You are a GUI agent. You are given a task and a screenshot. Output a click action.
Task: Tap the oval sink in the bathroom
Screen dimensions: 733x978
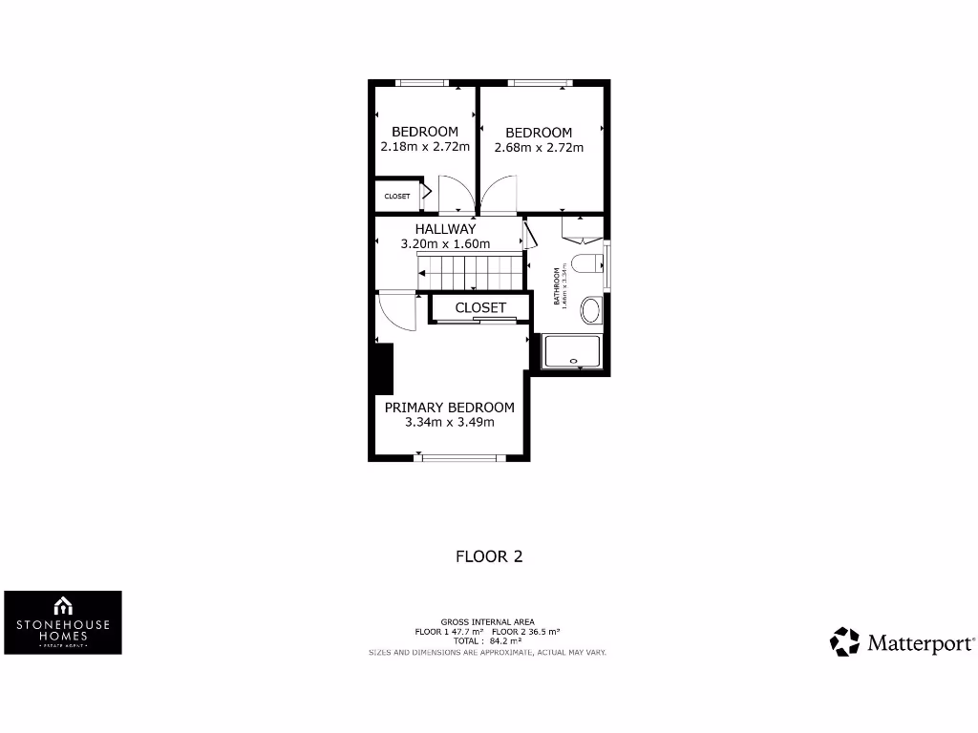(591, 310)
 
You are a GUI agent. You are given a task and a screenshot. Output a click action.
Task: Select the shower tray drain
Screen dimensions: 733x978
(574, 362)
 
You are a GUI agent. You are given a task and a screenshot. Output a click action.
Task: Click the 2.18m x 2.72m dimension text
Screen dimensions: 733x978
(425, 147)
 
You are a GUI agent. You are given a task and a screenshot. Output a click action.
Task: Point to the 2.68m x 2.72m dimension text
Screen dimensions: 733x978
(539, 148)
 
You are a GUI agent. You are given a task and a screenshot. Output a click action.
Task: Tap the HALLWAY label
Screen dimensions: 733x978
(445, 229)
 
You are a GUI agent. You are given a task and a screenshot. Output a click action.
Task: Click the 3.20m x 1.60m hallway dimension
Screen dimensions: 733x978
(445, 244)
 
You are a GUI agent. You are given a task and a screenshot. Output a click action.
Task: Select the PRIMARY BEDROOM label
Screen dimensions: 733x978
(449, 408)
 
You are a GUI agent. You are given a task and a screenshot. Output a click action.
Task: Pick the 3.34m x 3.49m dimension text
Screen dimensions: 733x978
(449, 423)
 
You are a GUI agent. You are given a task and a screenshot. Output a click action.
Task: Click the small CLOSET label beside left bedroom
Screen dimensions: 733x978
(397, 197)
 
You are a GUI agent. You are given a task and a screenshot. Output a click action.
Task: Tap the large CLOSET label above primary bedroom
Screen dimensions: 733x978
(480, 308)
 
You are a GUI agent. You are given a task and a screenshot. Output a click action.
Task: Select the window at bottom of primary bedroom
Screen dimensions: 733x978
(459, 458)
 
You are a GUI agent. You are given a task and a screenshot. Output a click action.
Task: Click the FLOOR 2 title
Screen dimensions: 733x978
(489, 556)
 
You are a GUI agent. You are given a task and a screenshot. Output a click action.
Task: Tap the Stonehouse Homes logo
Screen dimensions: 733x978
(63, 621)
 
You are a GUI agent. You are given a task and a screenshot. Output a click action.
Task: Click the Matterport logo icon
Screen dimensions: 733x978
(844, 641)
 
